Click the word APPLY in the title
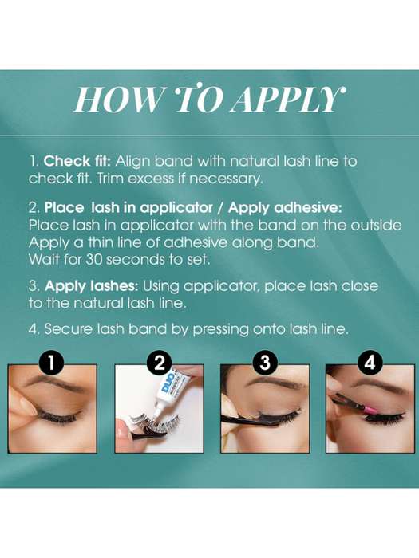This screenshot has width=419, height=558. (x=287, y=100)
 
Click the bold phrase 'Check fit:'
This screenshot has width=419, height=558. (x=77, y=161)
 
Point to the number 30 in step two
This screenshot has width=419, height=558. (x=94, y=260)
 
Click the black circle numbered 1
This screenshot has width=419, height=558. (x=52, y=363)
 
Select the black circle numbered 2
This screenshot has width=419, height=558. (x=160, y=363)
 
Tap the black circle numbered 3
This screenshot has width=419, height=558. (x=265, y=363)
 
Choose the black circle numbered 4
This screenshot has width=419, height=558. (x=370, y=363)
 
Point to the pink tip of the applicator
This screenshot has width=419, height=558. (x=370, y=409)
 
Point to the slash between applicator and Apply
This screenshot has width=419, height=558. (x=220, y=208)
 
